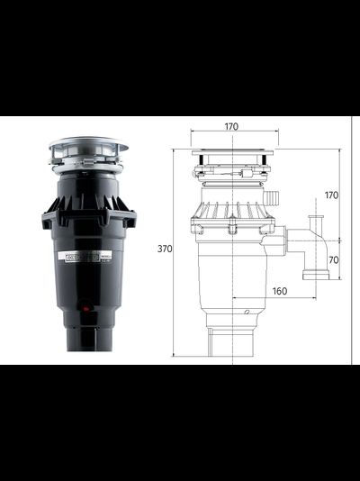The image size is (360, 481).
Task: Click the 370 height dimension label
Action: click(164, 249)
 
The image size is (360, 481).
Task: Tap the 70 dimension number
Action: click(332, 260)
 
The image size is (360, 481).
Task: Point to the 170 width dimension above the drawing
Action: click(231, 127)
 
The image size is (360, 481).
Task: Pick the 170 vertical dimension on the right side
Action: click(332, 195)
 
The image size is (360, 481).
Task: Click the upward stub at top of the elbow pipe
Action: click(315, 222)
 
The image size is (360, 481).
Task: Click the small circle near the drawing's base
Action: click(246, 312)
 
